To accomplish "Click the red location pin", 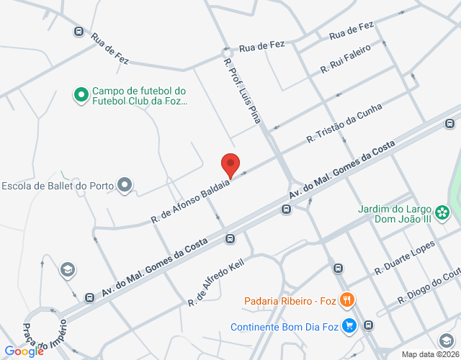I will coord(230,165).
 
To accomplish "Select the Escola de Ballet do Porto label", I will coord(58,186).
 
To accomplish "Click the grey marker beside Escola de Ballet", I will coord(125,185).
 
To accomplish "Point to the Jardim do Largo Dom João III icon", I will coord(443,212).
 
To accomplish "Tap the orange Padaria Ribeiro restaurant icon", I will coord(346,300).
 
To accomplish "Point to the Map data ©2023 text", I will coord(430,354).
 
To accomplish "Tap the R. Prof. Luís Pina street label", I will coord(241,89).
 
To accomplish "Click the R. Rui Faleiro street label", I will coord(346,59).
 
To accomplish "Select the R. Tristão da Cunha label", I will coord(344,121).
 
